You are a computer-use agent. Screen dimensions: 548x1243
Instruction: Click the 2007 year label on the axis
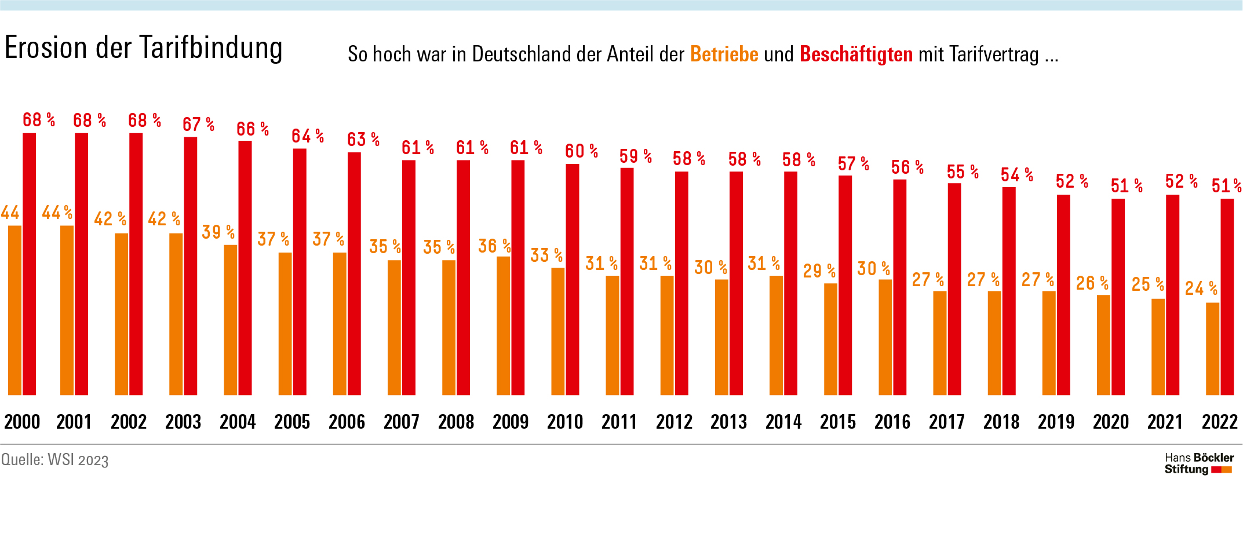tap(402, 422)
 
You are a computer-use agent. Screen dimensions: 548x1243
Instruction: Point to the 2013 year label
tap(729, 422)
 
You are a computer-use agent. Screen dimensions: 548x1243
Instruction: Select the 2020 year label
tap(1111, 422)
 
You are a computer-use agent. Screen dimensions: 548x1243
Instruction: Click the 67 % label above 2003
tap(198, 125)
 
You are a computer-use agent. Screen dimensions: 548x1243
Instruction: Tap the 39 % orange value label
tap(218, 232)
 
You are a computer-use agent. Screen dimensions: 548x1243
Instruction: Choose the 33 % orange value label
tap(546, 255)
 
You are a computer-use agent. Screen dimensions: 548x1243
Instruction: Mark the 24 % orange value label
tap(1201, 288)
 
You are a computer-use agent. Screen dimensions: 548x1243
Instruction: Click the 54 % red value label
tap(1017, 175)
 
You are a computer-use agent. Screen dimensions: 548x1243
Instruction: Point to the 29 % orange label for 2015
tap(819, 271)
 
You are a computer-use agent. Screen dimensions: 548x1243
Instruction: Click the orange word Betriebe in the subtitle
tap(724, 54)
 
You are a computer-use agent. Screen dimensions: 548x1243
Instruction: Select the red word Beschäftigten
tap(856, 54)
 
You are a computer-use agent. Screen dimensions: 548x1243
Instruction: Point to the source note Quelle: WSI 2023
tap(55, 460)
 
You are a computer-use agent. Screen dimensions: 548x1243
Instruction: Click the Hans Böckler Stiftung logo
tap(1198, 464)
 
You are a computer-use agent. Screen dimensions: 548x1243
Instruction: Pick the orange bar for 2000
tap(14, 310)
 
